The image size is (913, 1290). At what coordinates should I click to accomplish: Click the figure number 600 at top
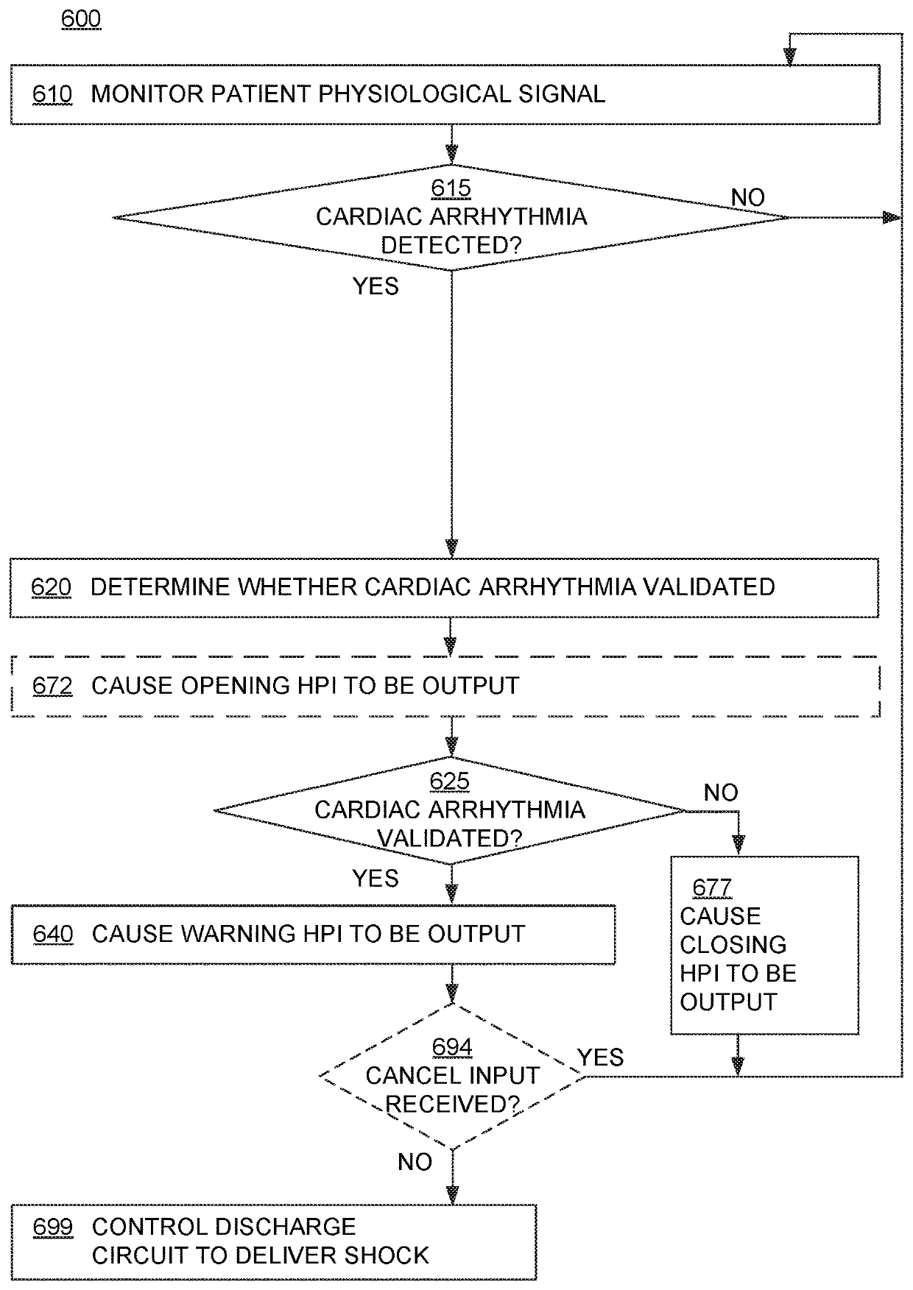(81, 18)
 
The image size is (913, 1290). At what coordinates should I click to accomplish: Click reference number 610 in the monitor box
(52, 94)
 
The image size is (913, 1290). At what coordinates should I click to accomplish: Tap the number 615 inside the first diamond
(451, 188)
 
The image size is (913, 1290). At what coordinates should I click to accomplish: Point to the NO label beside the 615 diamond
(747, 197)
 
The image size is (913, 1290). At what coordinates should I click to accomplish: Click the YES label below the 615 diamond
(376, 286)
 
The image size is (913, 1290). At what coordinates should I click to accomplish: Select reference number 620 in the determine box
(52, 587)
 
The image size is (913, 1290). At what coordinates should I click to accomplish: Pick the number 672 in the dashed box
(52, 686)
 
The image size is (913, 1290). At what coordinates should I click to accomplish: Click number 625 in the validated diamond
(449, 782)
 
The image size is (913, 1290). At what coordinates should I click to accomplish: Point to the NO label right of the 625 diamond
(721, 793)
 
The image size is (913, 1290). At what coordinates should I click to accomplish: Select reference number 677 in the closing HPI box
(712, 888)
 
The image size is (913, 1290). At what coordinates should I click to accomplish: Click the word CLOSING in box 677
(733, 945)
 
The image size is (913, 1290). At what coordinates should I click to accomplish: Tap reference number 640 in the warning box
(53, 935)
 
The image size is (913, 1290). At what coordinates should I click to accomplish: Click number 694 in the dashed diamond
(452, 1048)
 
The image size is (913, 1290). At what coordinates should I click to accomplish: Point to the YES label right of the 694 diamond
(601, 1058)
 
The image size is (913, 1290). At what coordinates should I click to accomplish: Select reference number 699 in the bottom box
(53, 1227)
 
